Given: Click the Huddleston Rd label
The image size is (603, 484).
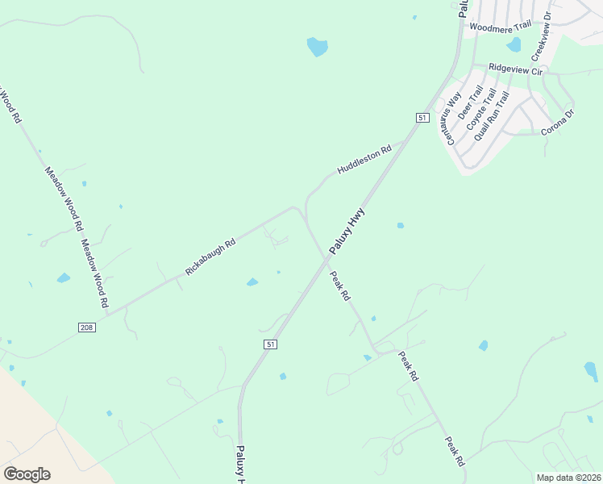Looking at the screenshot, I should coord(364,160).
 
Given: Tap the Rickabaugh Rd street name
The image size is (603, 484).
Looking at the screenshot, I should coord(210,257).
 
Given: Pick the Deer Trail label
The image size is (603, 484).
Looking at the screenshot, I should coord(471,104).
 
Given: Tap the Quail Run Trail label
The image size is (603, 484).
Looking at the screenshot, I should coord(492,117).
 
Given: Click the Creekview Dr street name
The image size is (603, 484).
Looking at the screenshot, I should coord(541,36).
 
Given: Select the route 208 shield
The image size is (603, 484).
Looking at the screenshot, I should coord(88,328).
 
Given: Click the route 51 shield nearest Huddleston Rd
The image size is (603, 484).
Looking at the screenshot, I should coord(422,118).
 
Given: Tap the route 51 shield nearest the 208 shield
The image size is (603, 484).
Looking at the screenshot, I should coord(270,344).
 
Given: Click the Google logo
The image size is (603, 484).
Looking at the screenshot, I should coord(27,474).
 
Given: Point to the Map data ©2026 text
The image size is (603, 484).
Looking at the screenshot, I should coord(568,477).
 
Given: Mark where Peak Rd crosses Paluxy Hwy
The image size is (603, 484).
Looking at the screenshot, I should coord(326,259).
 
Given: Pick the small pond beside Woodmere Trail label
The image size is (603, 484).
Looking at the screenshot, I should coord(514,44).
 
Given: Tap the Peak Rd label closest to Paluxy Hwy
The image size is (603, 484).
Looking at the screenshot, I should coord(341,286).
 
